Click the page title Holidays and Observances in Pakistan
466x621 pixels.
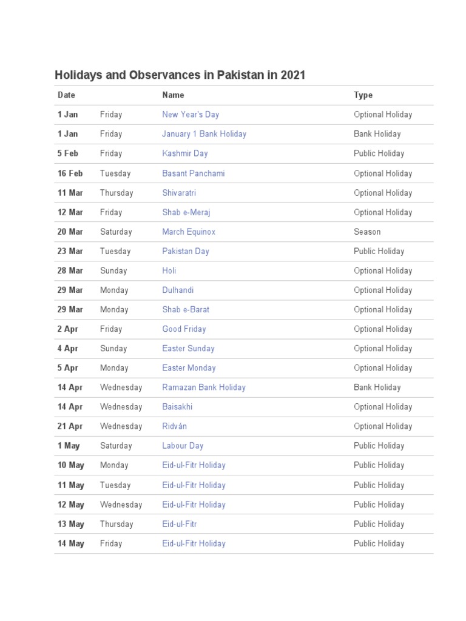[180, 75]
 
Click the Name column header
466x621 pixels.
[173, 95]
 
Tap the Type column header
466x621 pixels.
[363, 95]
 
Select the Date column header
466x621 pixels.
[66, 95]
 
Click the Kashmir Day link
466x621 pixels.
[184, 153]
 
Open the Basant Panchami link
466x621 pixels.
[193, 173]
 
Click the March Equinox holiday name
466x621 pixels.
[188, 232]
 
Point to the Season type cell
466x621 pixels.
[367, 232]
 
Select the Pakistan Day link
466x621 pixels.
[185, 251]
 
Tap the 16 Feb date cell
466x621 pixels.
[70, 173]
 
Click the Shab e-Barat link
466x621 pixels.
[185, 309]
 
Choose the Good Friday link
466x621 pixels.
[184, 329]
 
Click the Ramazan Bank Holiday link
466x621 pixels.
[203, 388]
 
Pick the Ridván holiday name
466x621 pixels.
[174, 426]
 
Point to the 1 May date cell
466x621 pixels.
[69, 446]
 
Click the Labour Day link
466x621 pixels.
[183, 446]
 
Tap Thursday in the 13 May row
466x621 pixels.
[116, 524]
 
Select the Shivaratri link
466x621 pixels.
[178, 193]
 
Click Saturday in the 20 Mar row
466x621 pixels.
[116, 232]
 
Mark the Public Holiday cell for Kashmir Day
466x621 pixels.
[379, 153]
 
